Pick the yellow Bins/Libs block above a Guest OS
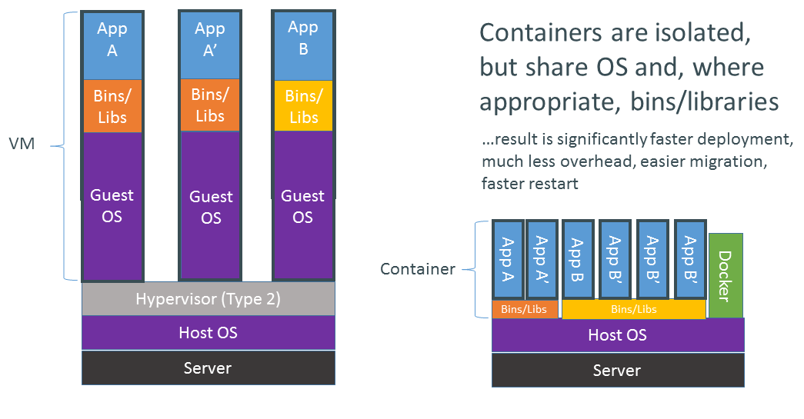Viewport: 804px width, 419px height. click(303, 106)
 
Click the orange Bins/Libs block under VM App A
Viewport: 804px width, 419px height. click(112, 107)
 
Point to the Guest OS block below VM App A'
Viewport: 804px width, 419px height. click(209, 205)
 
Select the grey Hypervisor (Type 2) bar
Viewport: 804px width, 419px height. click(208, 299)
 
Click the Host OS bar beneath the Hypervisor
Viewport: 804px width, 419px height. click(208, 333)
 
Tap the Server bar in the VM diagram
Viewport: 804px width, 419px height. click(208, 368)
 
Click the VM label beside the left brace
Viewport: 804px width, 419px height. click(22, 144)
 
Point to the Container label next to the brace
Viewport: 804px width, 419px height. click(417, 269)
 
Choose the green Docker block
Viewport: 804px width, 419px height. click(726, 275)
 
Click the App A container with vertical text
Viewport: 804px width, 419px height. click(508, 260)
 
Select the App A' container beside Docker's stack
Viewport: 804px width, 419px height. click(542, 260)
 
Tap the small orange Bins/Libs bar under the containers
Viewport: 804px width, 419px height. click(525, 310)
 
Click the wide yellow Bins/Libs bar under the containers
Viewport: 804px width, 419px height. click(633, 310)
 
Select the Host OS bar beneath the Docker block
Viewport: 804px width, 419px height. click(617, 335)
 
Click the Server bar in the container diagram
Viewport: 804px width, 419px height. click(617, 371)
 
